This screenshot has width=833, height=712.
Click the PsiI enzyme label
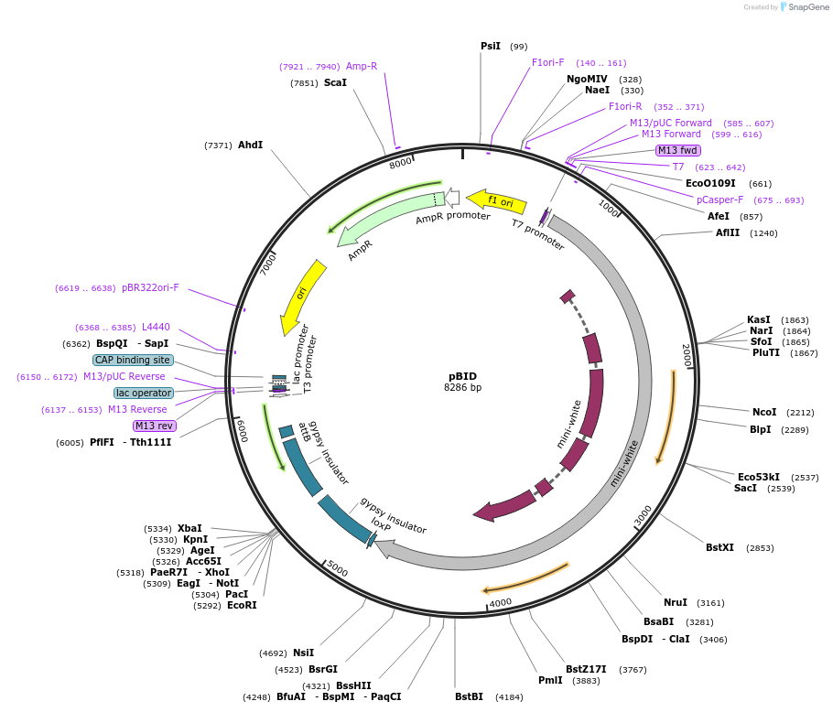point(491,46)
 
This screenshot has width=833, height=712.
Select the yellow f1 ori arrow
point(496,201)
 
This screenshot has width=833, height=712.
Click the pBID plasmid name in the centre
point(462,375)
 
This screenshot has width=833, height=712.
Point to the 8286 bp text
point(462,387)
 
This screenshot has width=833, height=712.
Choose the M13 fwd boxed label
point(678,150)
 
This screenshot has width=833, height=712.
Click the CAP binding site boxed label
point(133,360)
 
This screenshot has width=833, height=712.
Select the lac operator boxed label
point(144,393)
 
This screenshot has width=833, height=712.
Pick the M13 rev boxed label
point(154,426)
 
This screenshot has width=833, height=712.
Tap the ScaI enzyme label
point(335,82)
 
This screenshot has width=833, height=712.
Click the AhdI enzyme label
point(250,145)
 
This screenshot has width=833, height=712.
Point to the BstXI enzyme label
point(719,547)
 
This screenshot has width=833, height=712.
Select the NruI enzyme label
point(675,602)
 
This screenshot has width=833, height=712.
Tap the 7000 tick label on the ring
point(268,264)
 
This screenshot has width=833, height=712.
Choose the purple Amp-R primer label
point(362,66)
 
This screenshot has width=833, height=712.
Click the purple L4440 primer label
point(156,327)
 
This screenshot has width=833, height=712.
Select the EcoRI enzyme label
point(242,605)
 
